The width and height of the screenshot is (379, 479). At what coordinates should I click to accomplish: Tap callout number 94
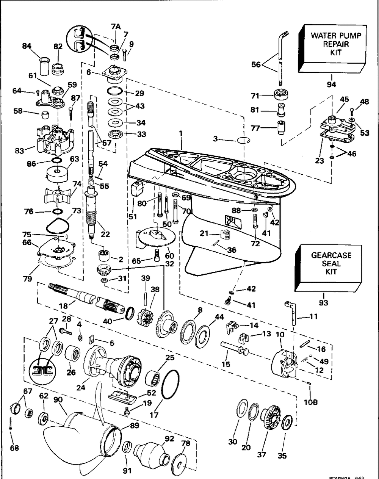(331, 85)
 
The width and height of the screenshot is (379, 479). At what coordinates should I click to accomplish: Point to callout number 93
(323, 302)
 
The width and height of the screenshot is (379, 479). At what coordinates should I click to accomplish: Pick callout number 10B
(310, 403)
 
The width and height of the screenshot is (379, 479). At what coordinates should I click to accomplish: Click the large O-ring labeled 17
(171, 384)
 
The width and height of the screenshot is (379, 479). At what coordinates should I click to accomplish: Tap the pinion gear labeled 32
(104, 271)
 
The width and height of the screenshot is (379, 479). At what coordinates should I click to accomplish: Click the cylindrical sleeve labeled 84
(45, 62)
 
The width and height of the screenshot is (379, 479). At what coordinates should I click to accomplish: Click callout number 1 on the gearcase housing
(181, 134)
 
